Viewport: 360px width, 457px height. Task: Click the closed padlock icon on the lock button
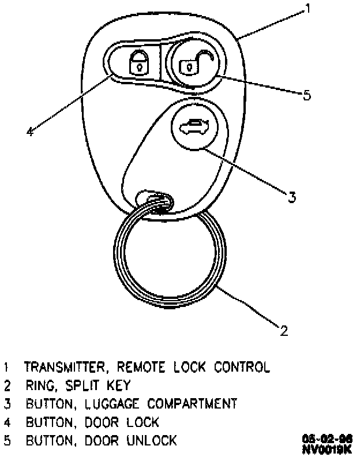[x=137, y=62]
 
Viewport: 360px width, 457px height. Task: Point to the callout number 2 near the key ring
[x=284, y=331]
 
